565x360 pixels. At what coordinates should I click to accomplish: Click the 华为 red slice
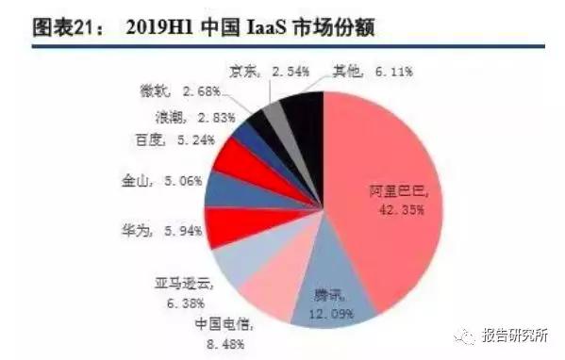(x=226, y=224)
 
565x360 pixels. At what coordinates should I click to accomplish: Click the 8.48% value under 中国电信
(x=220, y=344)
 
